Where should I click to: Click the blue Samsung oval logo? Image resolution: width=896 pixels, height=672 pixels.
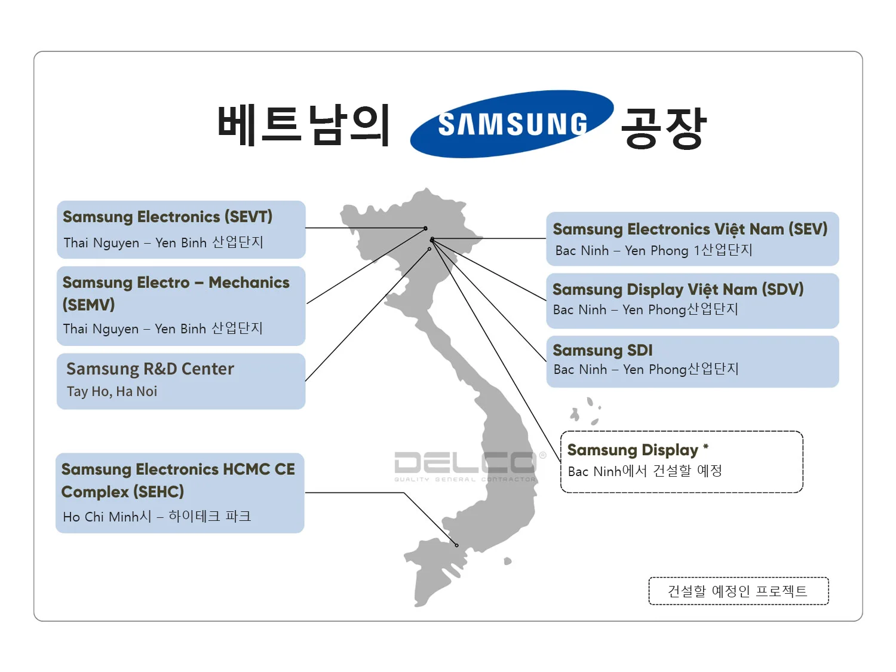click(x=512, y=124)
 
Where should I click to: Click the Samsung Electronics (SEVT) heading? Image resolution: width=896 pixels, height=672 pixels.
click(x=167, y=217)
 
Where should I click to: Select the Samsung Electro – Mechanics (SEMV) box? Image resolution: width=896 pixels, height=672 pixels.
click(x=180, y=306)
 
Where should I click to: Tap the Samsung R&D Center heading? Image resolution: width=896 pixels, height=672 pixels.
click(x=150, y=369)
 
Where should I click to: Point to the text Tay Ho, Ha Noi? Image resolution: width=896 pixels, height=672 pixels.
click(x=112, y=392)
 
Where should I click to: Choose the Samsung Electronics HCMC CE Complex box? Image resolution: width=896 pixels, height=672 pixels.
click(x=180, y=493)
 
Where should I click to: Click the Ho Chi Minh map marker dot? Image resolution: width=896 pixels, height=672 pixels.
click(x=457, y=545)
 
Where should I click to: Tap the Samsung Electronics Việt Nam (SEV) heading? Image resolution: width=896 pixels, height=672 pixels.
click(x=690, y=229)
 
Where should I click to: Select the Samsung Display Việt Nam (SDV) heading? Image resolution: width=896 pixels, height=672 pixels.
click(x=678, y=290)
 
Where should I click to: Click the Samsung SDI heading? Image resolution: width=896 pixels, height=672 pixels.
click(x=603, y=351)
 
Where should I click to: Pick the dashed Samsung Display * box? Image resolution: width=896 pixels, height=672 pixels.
click(x=682, y=462)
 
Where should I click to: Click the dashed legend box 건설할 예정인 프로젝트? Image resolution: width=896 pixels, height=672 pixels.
click(x=738, y=591)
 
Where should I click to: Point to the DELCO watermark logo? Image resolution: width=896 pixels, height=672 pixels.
click(x=466, y=465)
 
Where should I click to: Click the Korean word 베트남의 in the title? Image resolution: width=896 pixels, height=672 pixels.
click(x=303, y=125)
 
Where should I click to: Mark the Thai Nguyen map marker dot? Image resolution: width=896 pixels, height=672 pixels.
click(x=425, y=228)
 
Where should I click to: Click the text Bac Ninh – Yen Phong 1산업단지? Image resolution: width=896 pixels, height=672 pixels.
click(x=653, y=251)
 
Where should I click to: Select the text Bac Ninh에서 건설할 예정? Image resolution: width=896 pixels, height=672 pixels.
click(x=645, y=471)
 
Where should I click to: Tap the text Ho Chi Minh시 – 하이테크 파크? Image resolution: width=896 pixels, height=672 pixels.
click(x=157, y=517)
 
